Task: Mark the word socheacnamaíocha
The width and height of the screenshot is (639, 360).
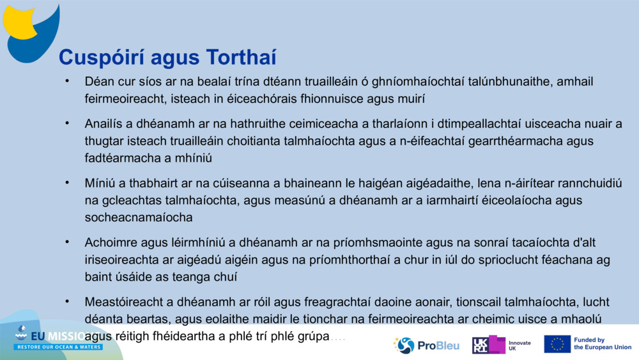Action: click(139, 217)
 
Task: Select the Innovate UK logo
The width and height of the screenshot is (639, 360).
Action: click(502, 345)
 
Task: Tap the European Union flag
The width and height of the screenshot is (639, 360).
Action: click(557, 344)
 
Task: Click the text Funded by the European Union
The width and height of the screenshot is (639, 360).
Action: click(603, 344)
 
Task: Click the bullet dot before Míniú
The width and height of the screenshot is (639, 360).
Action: click(66, 183)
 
